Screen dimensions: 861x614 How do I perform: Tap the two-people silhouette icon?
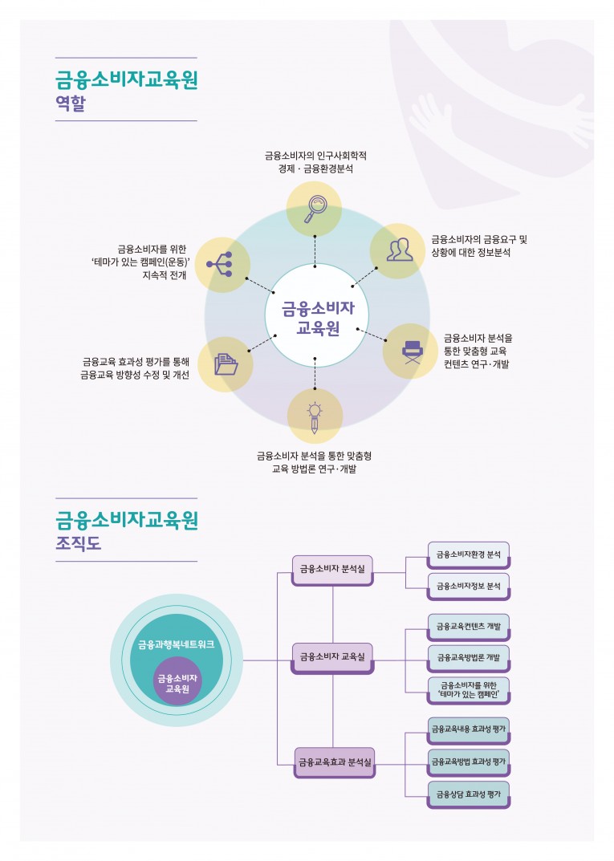tap(399, 250)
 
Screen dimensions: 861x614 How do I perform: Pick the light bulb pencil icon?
tap(315, 416)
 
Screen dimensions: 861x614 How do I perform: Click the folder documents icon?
tap(226, 364)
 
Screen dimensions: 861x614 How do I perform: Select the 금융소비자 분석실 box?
tap(331, 569)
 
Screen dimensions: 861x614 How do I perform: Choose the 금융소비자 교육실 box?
tap(331, 657)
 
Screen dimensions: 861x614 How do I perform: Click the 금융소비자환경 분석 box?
tap(469, 554)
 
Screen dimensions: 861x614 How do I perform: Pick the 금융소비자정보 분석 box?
tap(469, 587)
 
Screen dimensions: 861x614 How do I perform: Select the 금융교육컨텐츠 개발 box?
tap(469, 627)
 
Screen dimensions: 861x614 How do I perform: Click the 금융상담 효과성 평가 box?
tap(469, 794)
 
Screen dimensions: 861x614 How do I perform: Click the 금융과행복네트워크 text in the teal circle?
tap(176, 644)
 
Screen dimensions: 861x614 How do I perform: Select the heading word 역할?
tap(70, 104)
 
